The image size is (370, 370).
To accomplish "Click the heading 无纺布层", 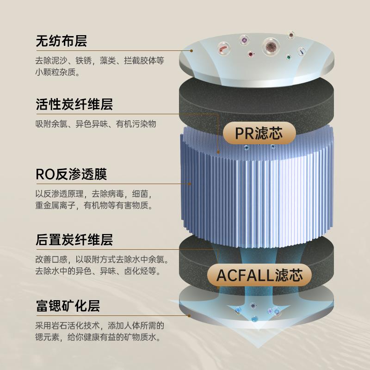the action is tap(62, 41).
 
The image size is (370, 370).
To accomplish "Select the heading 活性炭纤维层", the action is tap(74, 104).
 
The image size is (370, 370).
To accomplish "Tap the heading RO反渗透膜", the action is tap(71, 174).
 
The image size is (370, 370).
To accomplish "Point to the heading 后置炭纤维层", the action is tap(74, 240).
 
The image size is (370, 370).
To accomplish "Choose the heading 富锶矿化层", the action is tap(68, 306).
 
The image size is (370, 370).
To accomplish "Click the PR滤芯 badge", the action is tap(259, 133).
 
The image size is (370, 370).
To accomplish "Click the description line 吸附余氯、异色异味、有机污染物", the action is tap(96, 123).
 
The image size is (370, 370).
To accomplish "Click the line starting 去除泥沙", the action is tap(100, 61).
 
